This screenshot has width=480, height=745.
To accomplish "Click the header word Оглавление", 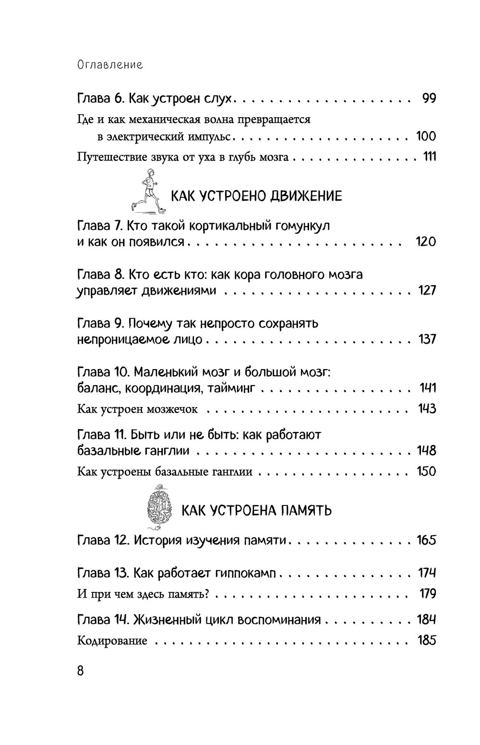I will coord(110,65).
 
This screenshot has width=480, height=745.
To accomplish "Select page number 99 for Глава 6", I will coord(429,99).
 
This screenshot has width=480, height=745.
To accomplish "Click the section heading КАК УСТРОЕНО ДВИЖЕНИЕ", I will coord(257,196).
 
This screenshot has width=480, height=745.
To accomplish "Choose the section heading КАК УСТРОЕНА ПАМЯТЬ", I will coord(256,510).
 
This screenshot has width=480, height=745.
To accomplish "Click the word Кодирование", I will coord(112,641).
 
